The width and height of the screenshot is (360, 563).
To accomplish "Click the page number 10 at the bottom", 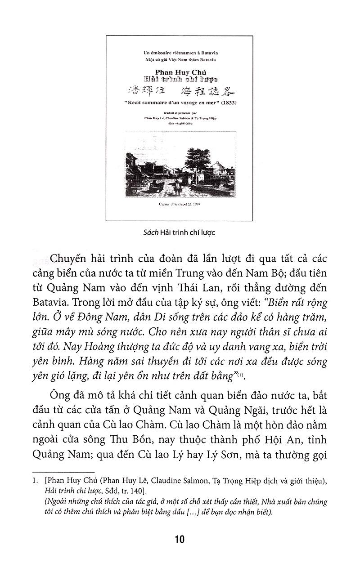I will (x=180, y=539).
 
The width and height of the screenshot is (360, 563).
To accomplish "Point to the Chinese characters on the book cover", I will (x=180, y=89).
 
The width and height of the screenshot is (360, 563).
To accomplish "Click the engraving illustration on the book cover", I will (x=179, y=166).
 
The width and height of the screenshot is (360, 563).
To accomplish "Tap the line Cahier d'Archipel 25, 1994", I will (x=179, y=203).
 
